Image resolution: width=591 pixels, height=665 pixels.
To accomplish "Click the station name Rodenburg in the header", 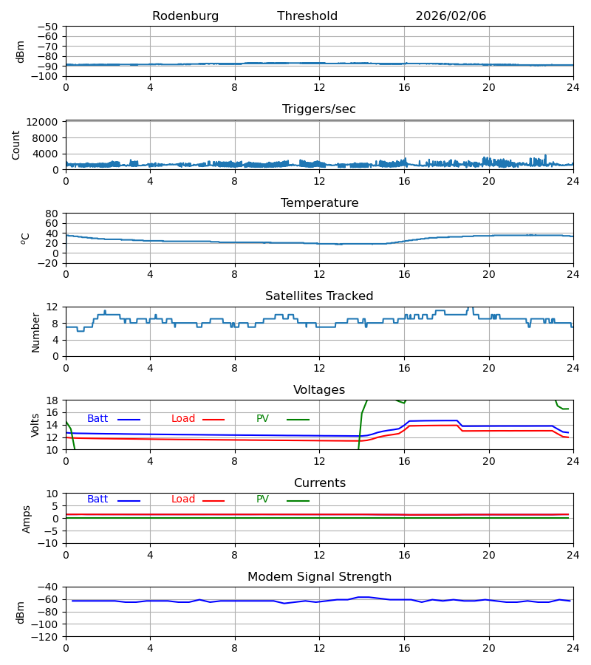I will click(x=185, y=16).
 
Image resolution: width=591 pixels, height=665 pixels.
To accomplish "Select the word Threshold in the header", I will click(x=307, y=16).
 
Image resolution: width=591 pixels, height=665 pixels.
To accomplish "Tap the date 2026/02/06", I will click(x=451, y=16).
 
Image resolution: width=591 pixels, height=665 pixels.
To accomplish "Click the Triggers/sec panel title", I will click(x=319, y=109).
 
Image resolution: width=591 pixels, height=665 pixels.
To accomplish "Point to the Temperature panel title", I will click(x=319, y=203).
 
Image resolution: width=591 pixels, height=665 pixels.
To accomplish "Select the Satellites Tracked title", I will click(x=319, y=296).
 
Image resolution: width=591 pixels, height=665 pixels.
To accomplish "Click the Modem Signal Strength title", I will click(x=319, y=577).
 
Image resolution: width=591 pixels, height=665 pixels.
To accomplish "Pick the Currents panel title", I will click(x=319, y=483).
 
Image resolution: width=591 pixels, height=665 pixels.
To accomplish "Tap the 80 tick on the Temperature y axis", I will click(x=52, y=214).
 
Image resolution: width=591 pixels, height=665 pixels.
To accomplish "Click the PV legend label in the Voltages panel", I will click(x=263, y=419).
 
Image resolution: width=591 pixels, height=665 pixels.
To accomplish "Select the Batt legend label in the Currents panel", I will click(x=98, y=499).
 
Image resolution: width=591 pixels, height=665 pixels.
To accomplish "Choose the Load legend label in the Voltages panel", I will click(x=183, y=419).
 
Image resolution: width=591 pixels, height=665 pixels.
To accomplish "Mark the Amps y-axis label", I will click(x=27, y=519).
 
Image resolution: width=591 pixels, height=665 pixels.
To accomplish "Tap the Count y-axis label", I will click(x=16, y=145).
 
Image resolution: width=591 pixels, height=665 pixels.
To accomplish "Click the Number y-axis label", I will click(x=36, y=332).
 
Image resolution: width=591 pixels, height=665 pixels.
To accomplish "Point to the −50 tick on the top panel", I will click(x=48, y=27).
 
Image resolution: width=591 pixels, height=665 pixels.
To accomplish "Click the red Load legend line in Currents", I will click(x=213, y=501).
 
